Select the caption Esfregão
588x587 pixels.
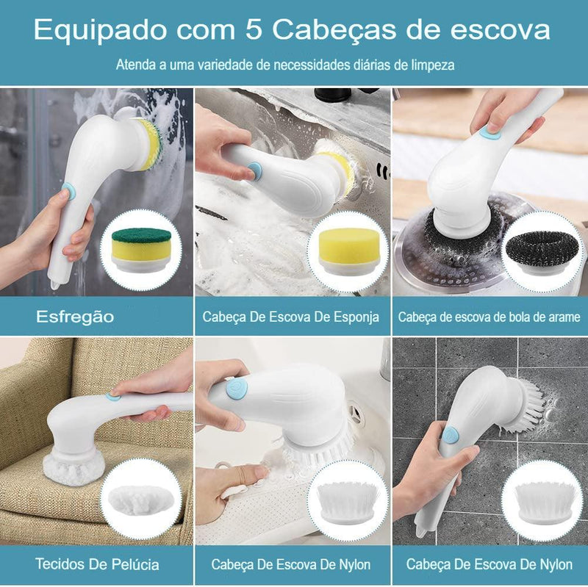(76, 317)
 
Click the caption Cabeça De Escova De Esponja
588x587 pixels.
(291, 317)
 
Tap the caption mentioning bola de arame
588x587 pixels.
(489, 317)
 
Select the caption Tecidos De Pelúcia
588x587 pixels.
(96, 564)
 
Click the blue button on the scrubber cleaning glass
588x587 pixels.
(68, 191)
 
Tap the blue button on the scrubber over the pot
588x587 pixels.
(492, 134)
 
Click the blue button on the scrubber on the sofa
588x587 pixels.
(112, 396)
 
